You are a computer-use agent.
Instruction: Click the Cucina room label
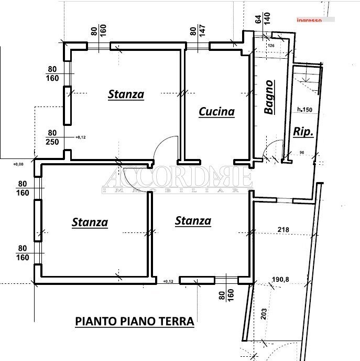click(216, 111)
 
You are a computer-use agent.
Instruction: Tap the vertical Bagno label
click(269, 97)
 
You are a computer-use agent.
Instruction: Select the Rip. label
click(303, 132)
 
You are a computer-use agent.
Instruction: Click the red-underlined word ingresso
click(309, 20)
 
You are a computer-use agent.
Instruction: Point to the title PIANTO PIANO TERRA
click(135, 321)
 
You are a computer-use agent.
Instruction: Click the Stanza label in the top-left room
click(126, 94)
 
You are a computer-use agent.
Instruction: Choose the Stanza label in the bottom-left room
click(90, 222)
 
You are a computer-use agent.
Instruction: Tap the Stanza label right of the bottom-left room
click(193, 220)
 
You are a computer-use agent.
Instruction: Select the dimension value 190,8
click(280, 279)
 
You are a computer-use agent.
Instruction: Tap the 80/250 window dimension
click(52, 137)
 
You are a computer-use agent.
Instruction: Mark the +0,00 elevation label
click(19, 164)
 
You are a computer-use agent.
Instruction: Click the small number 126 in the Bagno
click(271, 46)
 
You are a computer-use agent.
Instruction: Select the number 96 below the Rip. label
click(301, 153)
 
